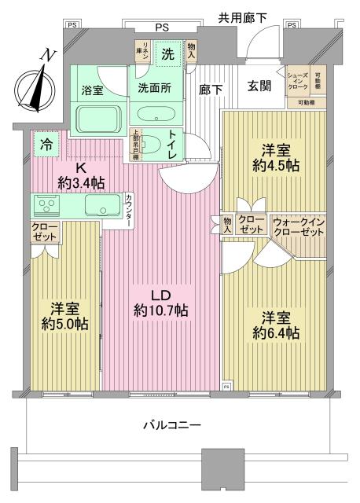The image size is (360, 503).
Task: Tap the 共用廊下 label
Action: click(244, 15)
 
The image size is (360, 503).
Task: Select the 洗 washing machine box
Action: click(168, 55)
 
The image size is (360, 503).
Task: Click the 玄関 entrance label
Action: click(260, 86)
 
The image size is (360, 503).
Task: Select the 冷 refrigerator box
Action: click(48, 145)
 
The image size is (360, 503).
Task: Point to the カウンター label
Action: click(129, 211)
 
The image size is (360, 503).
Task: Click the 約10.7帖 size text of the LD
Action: click(160, 311)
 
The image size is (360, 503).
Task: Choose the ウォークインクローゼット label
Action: click(298, 227)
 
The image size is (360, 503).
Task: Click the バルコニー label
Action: click(171, 424)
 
